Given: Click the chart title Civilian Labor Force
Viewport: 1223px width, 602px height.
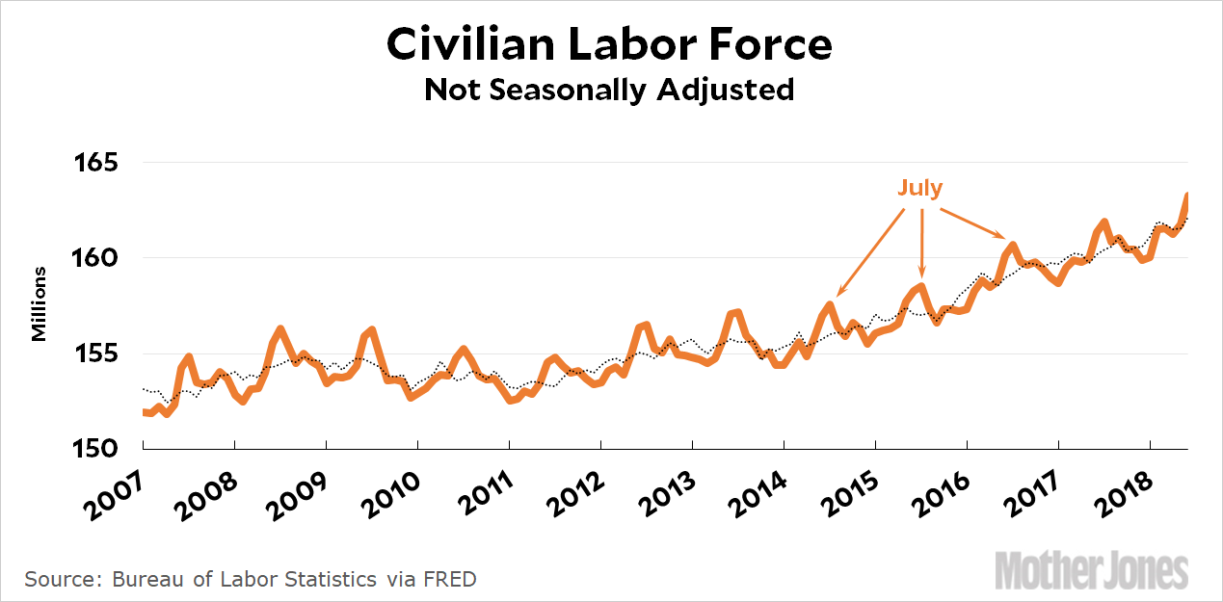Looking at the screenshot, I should click(x=609, y=45).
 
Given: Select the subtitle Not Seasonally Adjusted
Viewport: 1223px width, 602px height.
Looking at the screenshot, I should click(x=609, y=90).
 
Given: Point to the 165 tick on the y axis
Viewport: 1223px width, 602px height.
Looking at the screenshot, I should click(x=96, y=162).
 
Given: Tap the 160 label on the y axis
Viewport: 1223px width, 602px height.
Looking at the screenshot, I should click(x=96, y=258).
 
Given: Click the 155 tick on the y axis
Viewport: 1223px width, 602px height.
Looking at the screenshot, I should click(x=96, y=353).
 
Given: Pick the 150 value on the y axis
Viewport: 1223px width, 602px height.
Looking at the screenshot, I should click(x=96, y=449).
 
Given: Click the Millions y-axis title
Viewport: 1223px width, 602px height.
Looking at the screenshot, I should click(x=40, y=304).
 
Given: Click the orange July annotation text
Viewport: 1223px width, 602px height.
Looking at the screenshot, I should click(x=920, y=189).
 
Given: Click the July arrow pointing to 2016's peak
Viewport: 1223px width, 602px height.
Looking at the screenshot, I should click(x=973, y=222).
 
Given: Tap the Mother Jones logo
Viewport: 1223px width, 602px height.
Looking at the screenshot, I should click(x=1091, y=570).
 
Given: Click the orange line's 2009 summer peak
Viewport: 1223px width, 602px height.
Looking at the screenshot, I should click(x=372, y=330).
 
